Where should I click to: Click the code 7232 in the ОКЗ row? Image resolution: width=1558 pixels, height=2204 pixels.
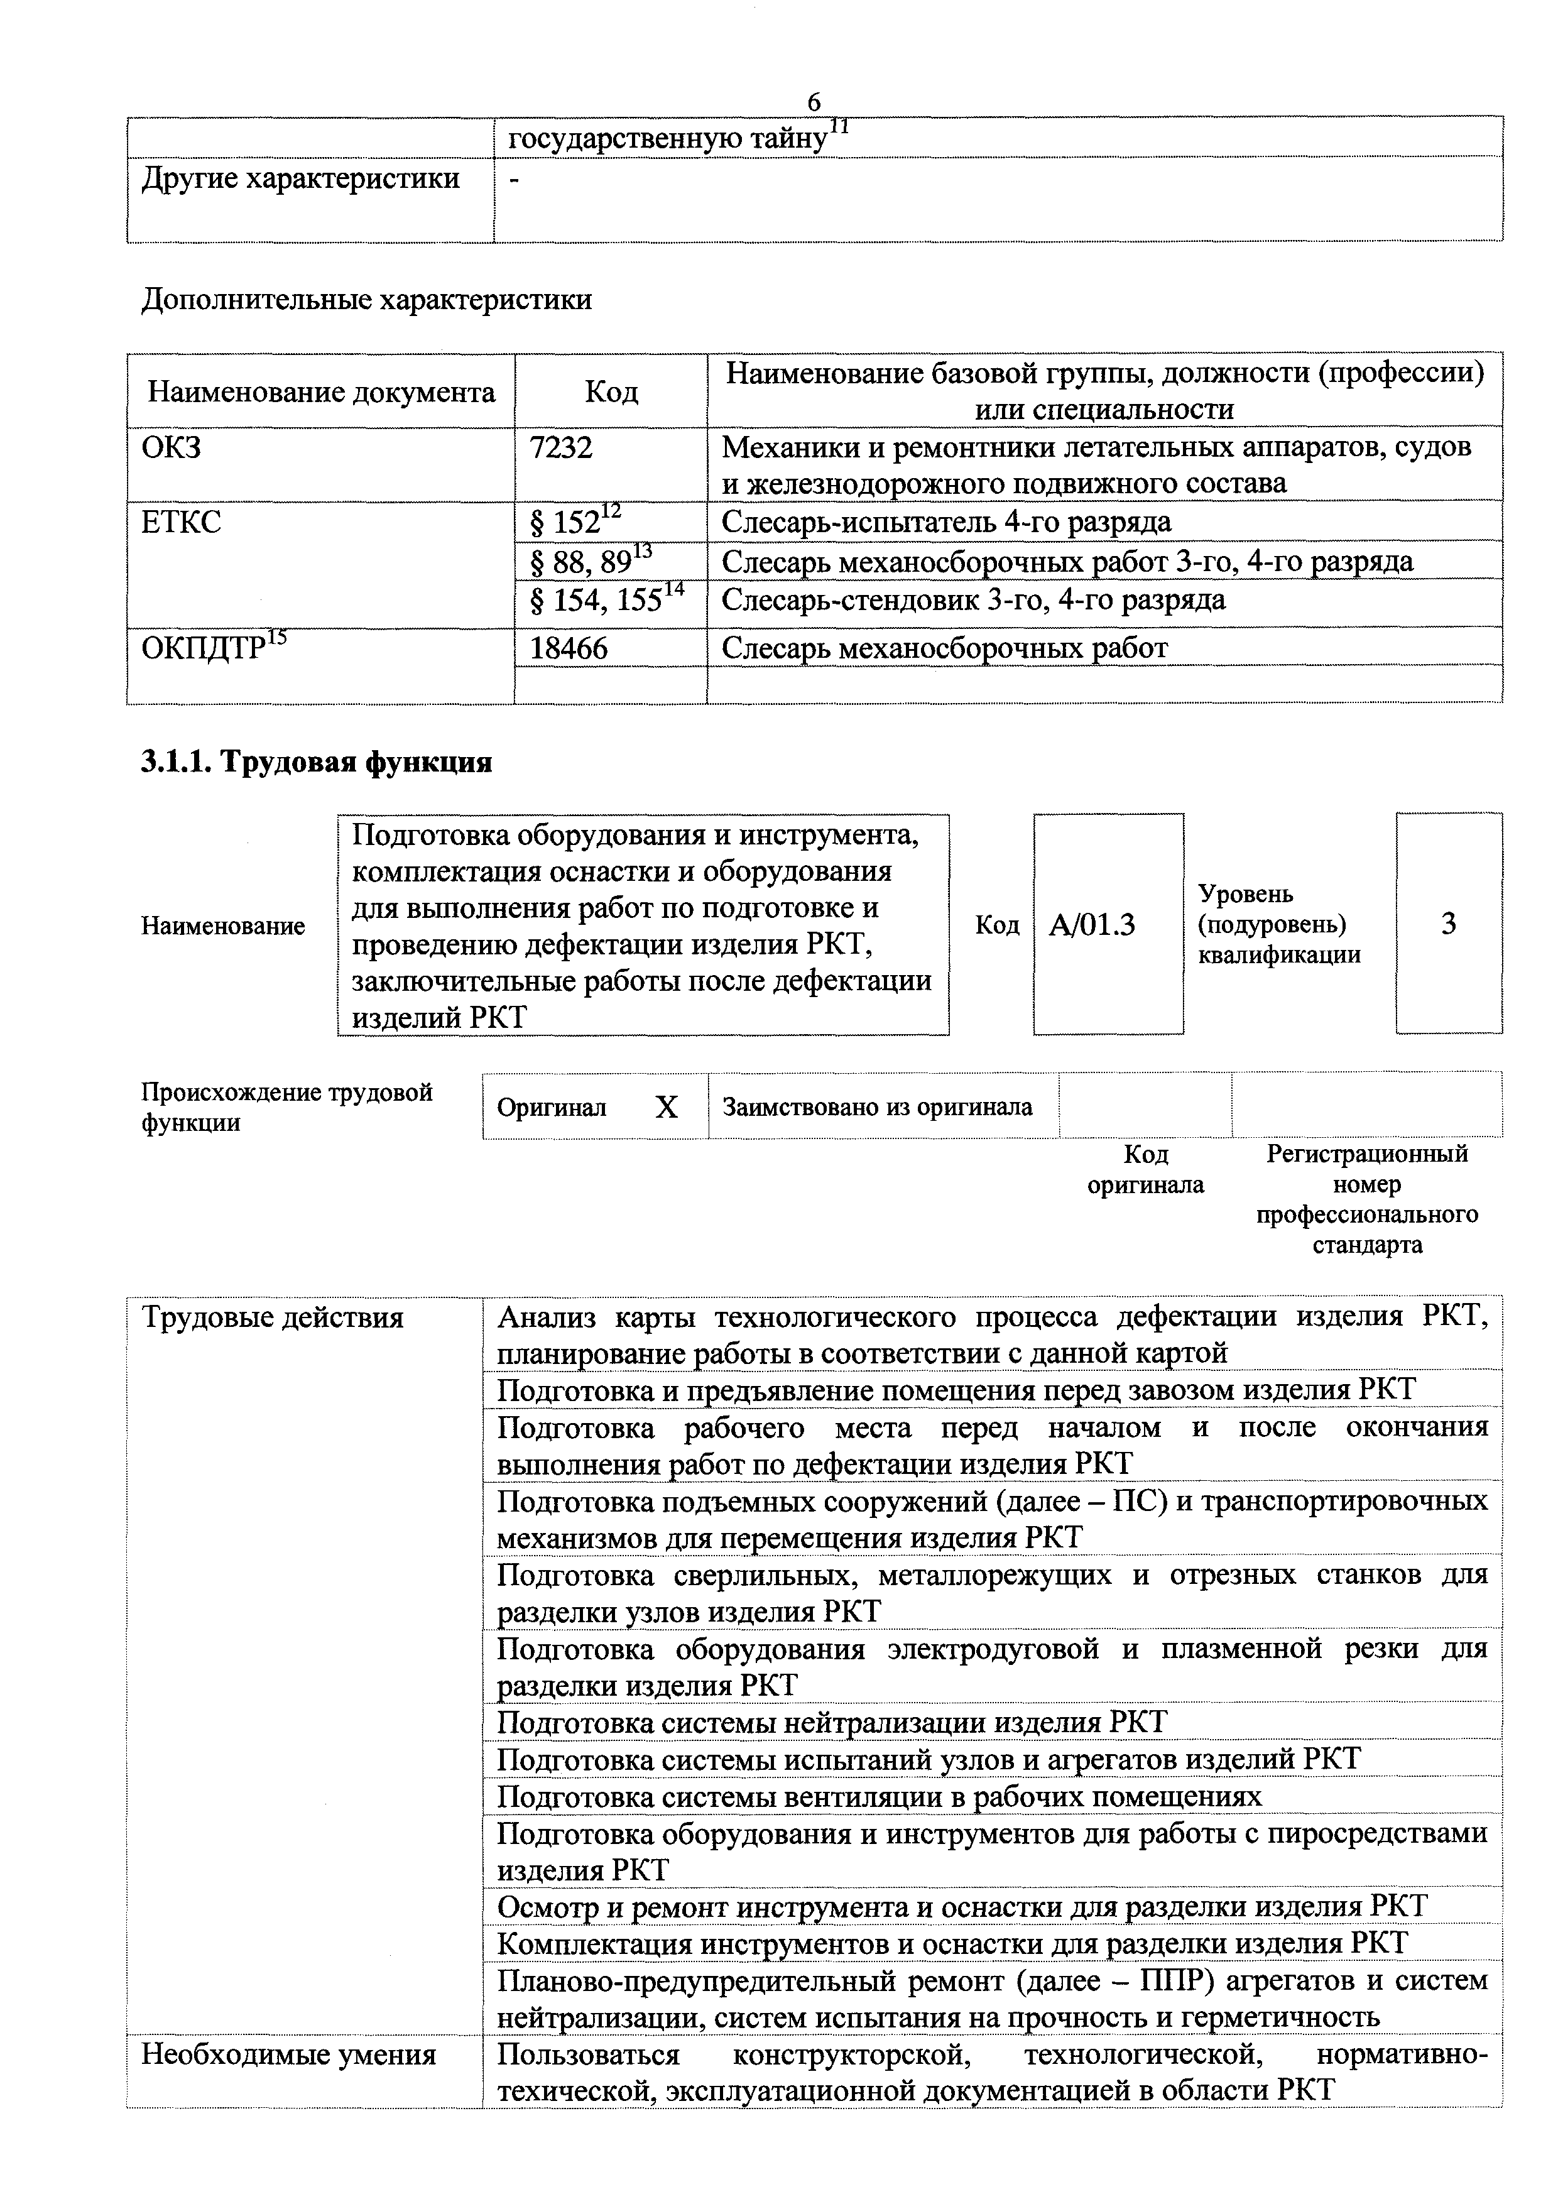coord(562,447)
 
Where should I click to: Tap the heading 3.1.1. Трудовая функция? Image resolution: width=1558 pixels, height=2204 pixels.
coord(317,761)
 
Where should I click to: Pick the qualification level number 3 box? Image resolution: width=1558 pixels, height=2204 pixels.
coord(1449,924)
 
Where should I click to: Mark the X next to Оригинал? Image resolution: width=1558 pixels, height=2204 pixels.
coord(666,1108)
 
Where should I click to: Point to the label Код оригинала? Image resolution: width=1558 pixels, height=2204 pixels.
coord(1145,1169)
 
